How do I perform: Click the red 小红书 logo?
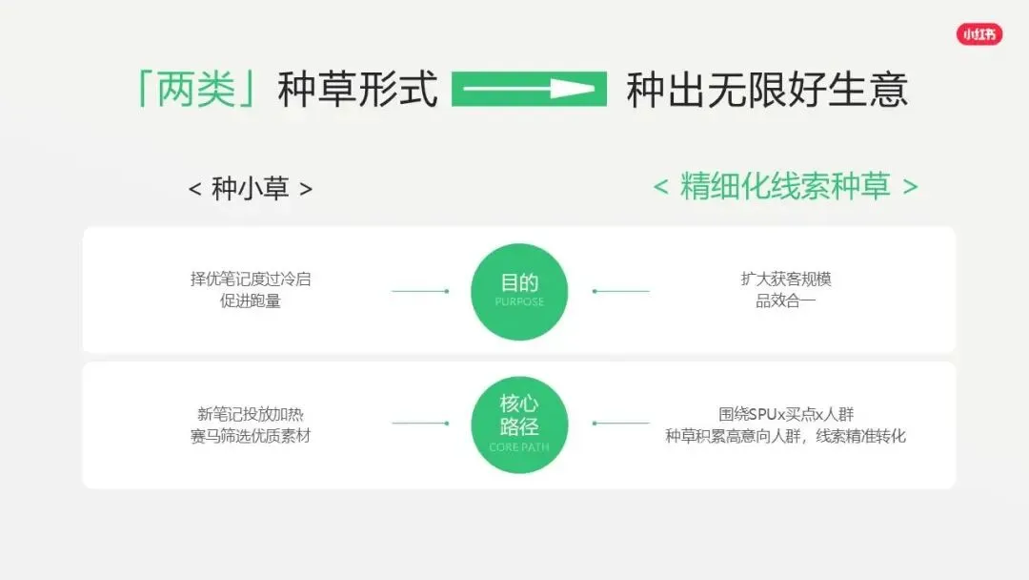pos(979,34)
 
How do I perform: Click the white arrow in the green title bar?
pos(529,90)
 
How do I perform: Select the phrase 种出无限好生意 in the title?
pos(767,90)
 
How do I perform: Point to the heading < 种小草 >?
pos(251,188)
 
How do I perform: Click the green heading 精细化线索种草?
pos(785,186)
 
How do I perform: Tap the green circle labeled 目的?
pos(519,291)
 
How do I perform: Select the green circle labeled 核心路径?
pos(519,425)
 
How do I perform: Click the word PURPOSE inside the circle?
pos(519,302)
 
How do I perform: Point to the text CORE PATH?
pos(519,447)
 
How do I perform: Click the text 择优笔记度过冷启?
pos(251,280)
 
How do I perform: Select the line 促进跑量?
pos(251,301)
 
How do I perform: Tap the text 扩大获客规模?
pos(786,280)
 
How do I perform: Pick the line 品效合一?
pos(786,301)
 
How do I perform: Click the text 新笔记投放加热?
pos(251,414)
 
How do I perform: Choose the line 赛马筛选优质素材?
pos(251,436)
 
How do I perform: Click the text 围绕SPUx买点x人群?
pos(786,414)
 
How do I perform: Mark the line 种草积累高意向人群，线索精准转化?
pos(786,436)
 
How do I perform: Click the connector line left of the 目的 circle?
pos(419,291)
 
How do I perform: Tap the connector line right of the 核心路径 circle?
pos(621,424)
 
